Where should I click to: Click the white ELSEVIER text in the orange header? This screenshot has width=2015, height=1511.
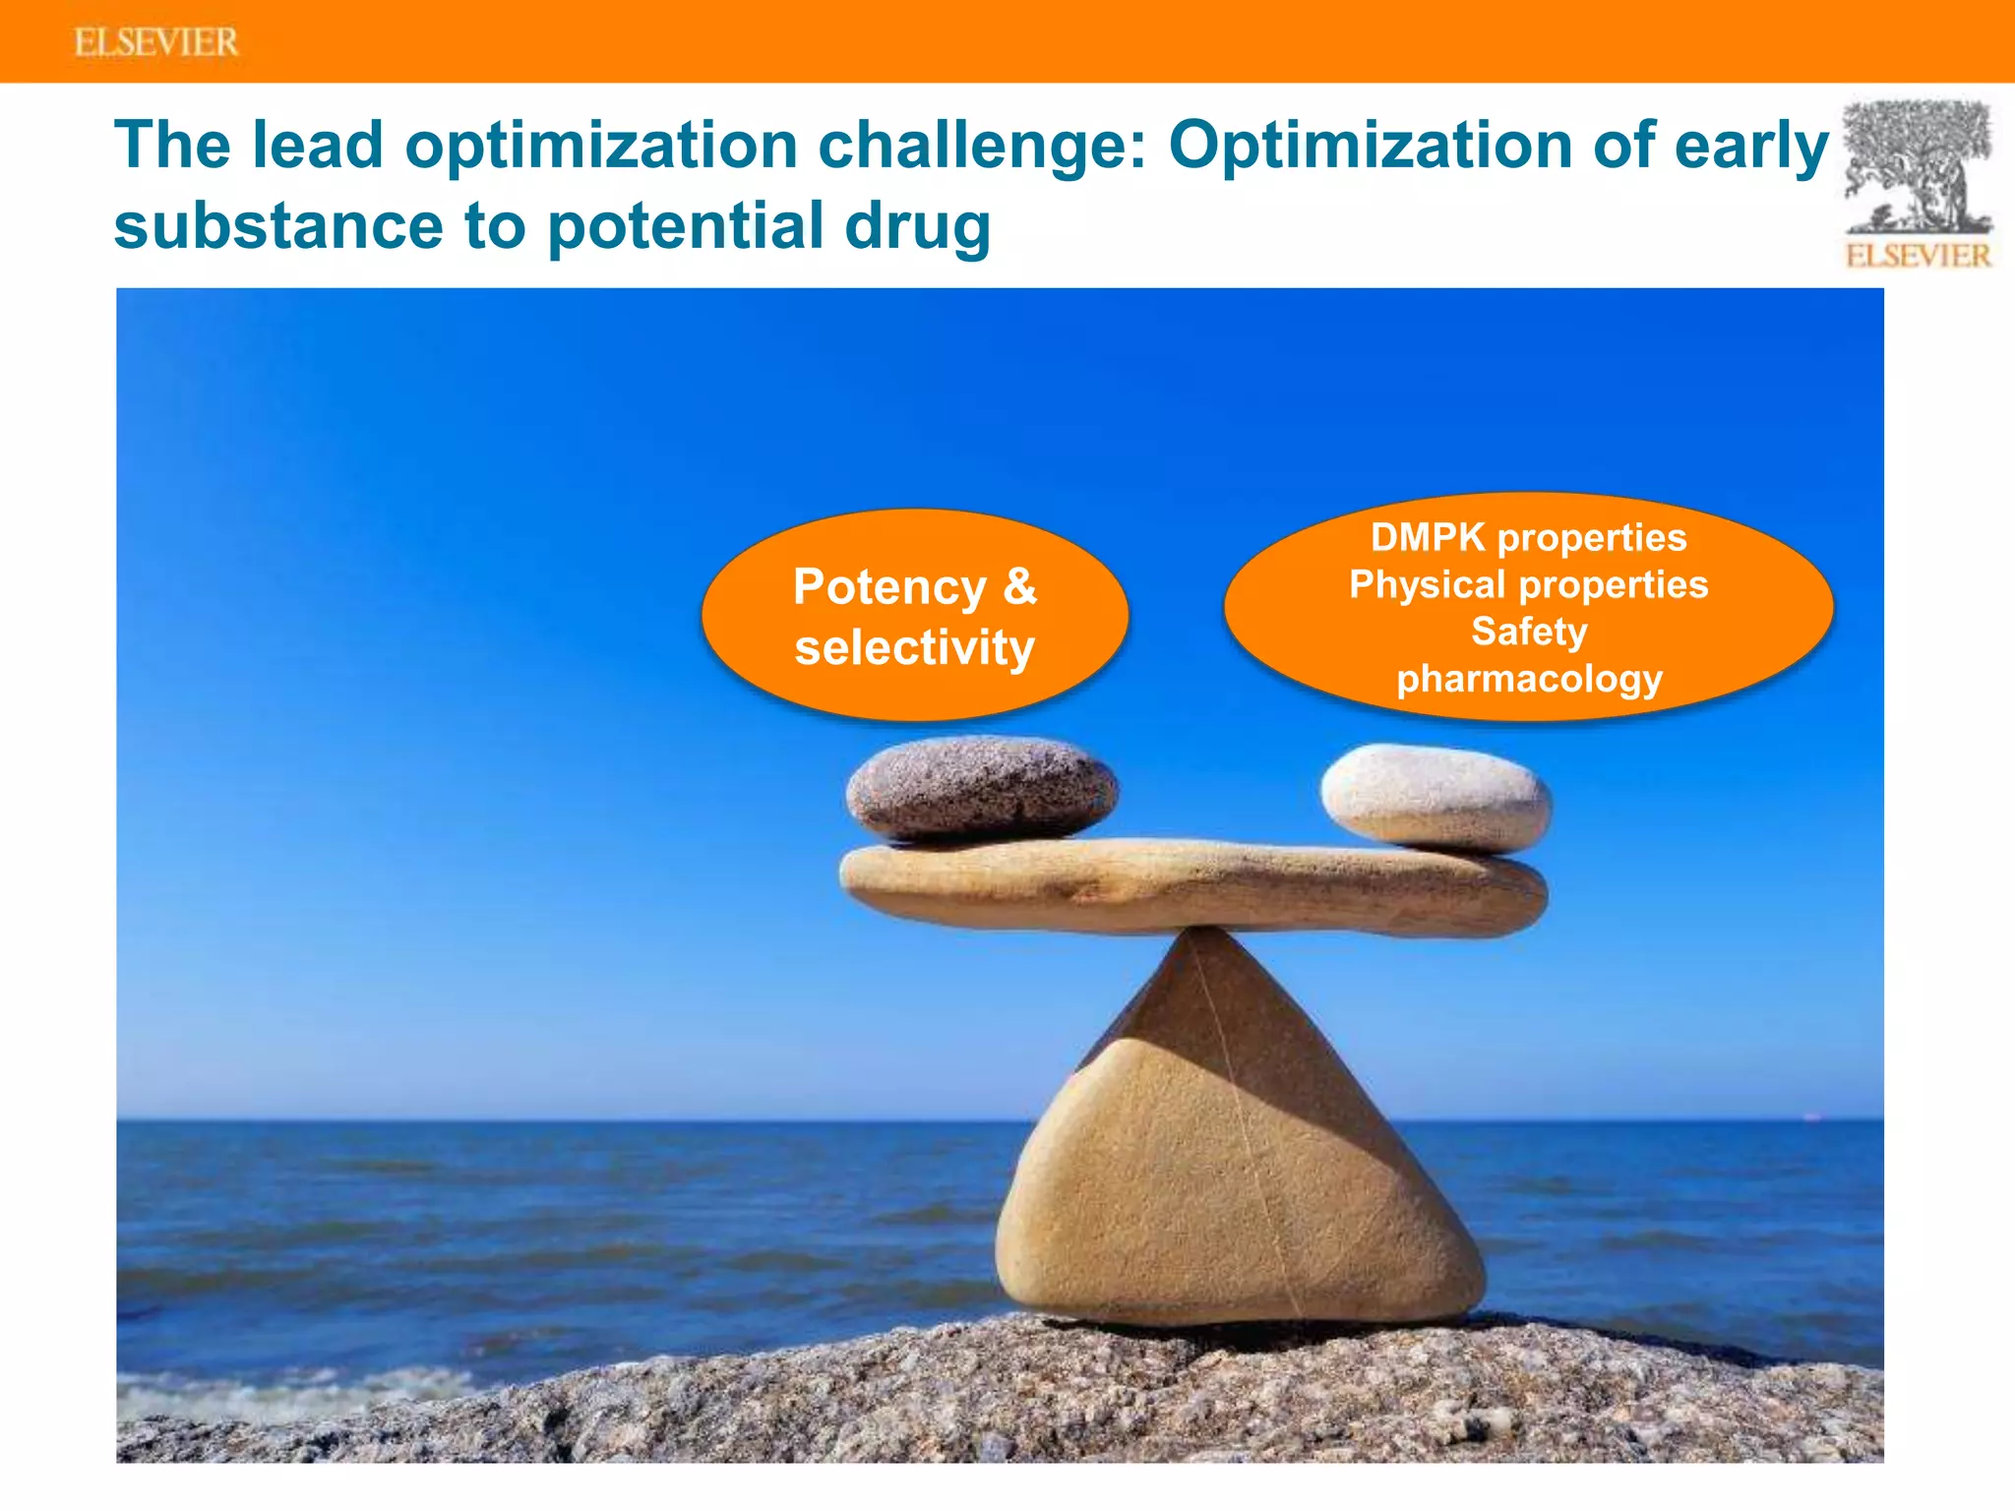(155, 42)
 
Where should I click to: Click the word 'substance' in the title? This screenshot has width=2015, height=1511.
(278, 226)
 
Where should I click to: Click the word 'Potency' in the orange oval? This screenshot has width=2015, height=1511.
(888, 587)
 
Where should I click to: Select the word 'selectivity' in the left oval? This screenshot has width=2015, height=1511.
(914, 648)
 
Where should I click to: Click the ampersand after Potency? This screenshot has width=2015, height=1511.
(1020, 587)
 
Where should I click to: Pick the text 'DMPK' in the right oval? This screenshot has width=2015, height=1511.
(1428, 538)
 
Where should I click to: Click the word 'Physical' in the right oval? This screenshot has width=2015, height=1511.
(1427, 585)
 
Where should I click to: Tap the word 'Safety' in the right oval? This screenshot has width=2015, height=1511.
(1529, 632)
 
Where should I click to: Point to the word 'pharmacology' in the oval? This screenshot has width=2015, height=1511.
(1529, 679)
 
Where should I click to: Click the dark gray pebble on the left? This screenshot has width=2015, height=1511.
(981, 789)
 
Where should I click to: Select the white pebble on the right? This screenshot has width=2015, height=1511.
(1435, 797)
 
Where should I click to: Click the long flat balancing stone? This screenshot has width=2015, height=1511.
(1191, 885)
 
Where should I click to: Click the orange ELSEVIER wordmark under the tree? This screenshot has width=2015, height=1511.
(1918, 256)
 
